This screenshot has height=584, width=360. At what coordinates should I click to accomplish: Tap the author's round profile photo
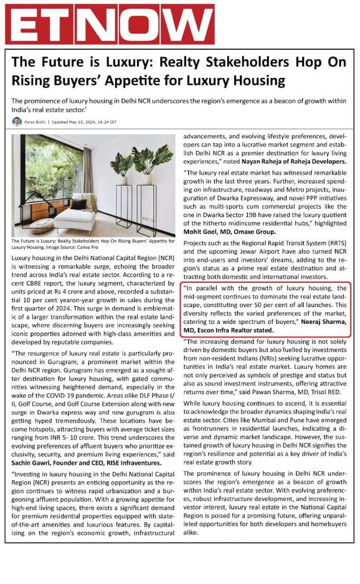pos(17,122)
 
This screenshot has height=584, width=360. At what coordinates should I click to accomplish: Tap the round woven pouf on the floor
pos(41,225)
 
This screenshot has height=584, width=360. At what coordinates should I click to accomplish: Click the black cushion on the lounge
pos(78,204)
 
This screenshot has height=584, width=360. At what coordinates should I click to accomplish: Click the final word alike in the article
pos(192,532)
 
